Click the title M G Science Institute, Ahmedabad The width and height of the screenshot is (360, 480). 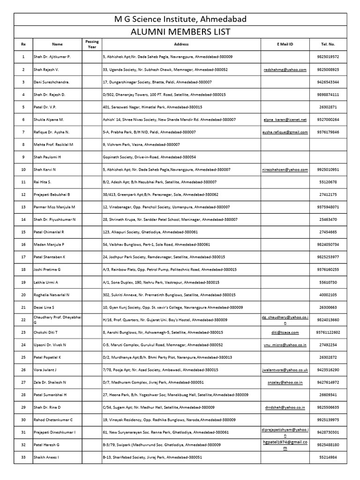pyautogui.click(x=180, y=19)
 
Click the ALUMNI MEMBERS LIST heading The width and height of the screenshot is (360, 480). pyautogui.click(x=180, y=31)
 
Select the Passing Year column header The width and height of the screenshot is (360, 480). pyautogui.click(x=92, y=44)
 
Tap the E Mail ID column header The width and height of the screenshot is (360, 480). pyautogui.click(x=285, y=44)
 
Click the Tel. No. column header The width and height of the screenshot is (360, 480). pyautogui.click(x=328, y=44)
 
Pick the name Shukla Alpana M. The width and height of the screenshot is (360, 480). pyautogui.click(x=49, y=120)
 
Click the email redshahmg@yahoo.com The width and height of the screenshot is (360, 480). pyautogui.click(x=285, y=69)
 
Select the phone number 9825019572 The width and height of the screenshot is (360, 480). pyautogui.click(x=328, y=57)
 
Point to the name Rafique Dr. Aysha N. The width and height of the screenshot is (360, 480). pyautogui.click(x=52, y=132)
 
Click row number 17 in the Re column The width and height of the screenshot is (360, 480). pyautogui.click(x=23, y=257)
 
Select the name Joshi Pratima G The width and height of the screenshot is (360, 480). pyautogui.click(x=47, y=270)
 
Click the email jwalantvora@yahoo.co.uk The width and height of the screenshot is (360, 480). pyautogui.click(x=285, y=370)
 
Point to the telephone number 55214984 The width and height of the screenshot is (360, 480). pyautogui.click(x=328, y=457)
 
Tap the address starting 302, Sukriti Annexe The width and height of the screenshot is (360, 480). pyautogui.click(x=169, y=295)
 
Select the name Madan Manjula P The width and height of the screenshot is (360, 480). pyautogui.click(x=49, y=245)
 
